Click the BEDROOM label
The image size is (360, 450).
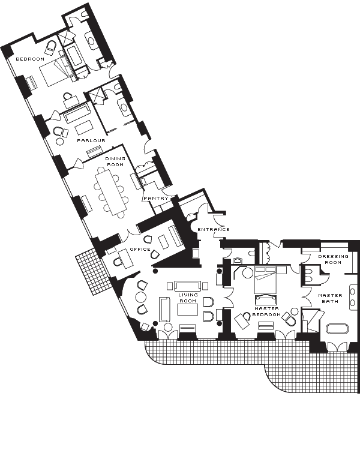pos(30,59)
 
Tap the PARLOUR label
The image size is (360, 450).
pos(91,140)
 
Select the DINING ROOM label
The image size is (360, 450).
pos(115,161)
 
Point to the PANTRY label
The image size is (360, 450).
pos(156,199)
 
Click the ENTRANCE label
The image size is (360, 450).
pos(214,229)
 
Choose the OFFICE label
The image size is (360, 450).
pos(140,249)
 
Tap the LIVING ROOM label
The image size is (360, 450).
pos(188,298)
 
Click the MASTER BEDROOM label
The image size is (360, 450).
pos(266,311)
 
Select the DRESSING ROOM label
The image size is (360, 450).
pos(333,259)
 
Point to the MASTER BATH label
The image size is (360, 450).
pos(330,298)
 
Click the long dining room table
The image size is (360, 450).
pos(111,191)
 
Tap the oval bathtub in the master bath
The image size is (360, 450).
pos(337,329)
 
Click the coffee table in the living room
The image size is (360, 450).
pos(188,310)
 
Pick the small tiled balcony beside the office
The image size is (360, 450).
pos(93,271)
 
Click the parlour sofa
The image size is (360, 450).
pos(77,113)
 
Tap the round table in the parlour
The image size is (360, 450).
pos(60,141)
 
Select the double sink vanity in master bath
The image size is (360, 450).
pos(353,298)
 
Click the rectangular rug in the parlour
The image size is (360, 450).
pos(85,127)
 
